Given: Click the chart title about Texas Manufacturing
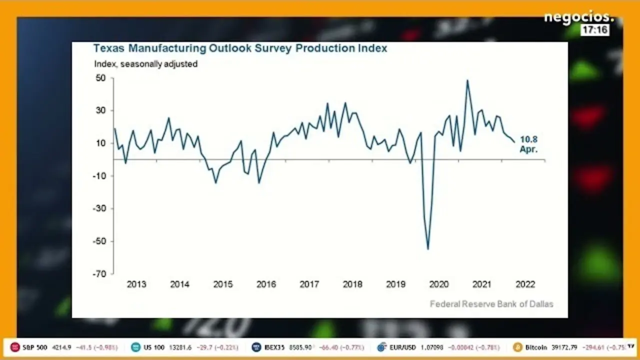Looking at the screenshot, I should coord(240,48).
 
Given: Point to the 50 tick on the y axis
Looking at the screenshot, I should coord(100,78).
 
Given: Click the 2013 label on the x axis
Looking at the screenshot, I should coord(136,284).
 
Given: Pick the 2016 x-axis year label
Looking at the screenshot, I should coord(266,284).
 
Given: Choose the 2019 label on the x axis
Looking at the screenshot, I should coord(395,284).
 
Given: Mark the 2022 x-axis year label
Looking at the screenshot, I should coord(525,284).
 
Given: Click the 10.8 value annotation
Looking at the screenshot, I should coord(528,139).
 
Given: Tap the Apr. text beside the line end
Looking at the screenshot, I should coord(528,149).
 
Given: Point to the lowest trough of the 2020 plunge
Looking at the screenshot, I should coord(428,249).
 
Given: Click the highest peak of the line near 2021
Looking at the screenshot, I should coord(467,80).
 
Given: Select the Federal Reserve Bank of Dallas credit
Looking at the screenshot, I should coord(491,304).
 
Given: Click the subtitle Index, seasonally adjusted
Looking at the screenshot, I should coord(145,64).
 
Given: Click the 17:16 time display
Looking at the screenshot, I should coord(595,30).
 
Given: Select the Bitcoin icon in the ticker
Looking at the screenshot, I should coord(517,347).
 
